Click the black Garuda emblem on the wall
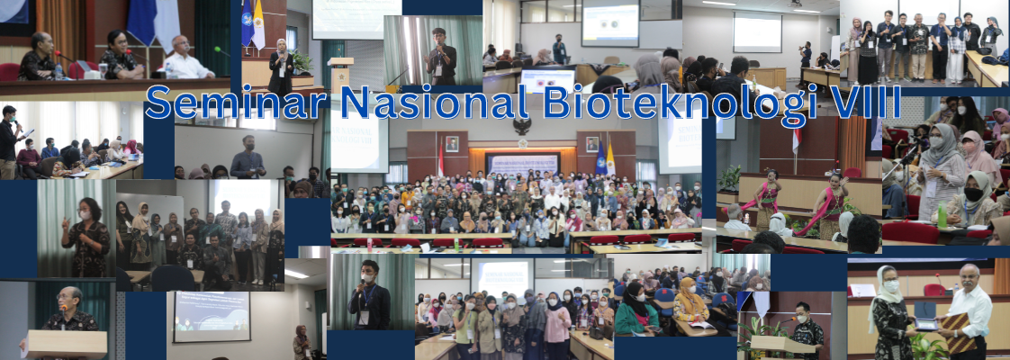[x=522, y=125]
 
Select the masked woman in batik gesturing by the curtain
[x=86, y=238]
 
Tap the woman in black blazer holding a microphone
[x=281, y=67]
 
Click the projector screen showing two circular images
[x=609, y=23]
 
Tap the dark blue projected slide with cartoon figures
[x=212, y=316]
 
